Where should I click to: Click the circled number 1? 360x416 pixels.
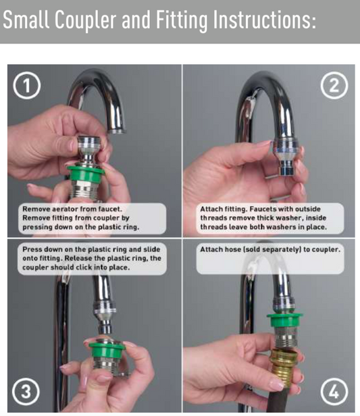(26, 85)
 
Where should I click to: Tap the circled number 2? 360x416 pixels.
(334, 85)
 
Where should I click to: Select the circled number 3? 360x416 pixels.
(26, 391)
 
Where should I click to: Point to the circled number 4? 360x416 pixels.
(334, 391)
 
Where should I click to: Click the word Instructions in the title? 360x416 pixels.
(265, 20)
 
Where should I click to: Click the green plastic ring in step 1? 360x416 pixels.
(85, 173)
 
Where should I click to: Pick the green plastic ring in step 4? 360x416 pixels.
(284, 321)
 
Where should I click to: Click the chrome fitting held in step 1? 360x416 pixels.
(89, 150)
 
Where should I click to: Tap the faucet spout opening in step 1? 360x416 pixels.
(116, 131)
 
